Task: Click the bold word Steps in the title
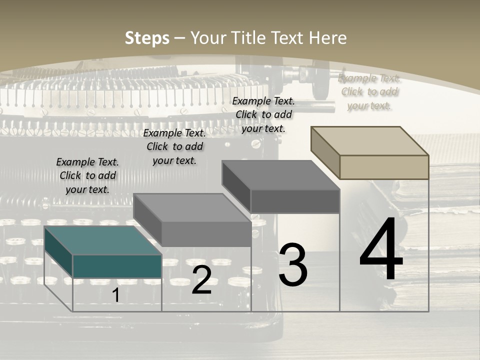146,38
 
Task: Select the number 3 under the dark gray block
293,265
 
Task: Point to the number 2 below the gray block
201,280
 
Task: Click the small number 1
116,295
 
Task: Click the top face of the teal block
102,240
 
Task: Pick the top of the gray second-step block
192,207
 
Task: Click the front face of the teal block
117,266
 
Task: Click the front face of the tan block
384,167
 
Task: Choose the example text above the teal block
87,175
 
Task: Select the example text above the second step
174,146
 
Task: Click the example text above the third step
263,114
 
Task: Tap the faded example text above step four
369,91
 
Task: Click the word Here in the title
327,38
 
